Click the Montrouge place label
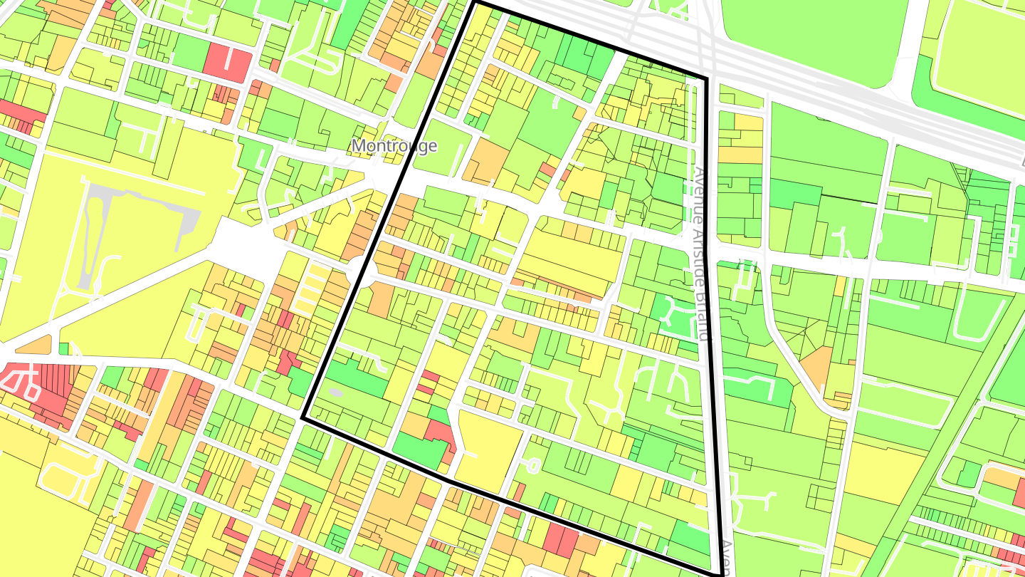click(x=394, y=146)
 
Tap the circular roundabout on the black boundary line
click(x=361, y=272)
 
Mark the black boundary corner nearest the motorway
click(x=705, y=78)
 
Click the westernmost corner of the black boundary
click(x=304, y=418)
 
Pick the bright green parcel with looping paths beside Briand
click(x=673, y=313)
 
